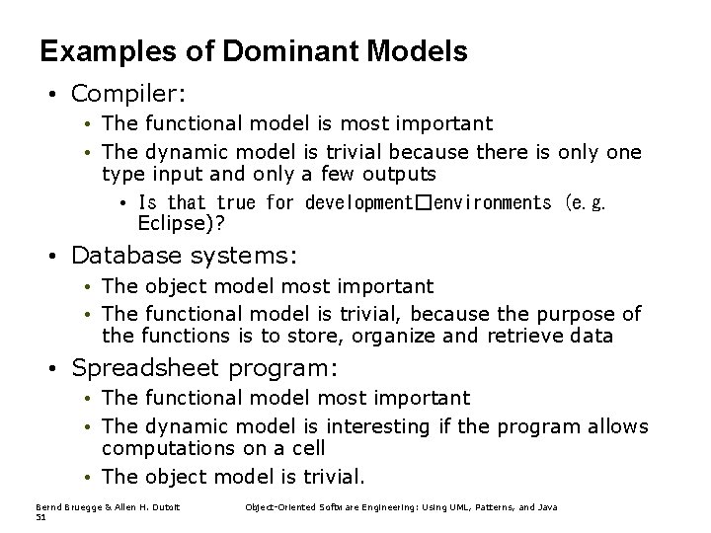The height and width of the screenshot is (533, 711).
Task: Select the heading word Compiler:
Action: (x=128, y=95)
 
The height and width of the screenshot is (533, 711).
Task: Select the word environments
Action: (x=492, y=202)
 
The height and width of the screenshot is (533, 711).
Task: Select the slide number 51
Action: (x=40, y=516)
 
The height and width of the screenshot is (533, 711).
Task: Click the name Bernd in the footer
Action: (x=47, y=506)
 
